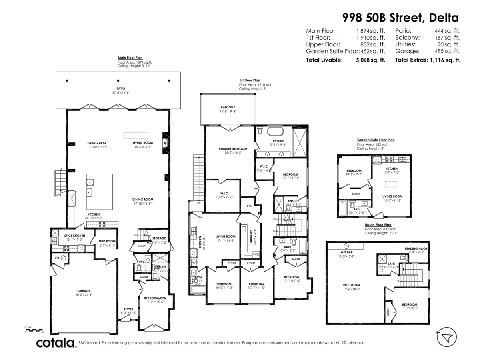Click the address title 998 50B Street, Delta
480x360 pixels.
pyautogui.click(x=400, y=17)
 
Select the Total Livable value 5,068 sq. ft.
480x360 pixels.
pyautogui.click(x=370, y=60)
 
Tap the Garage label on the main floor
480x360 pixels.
pyautogui.click(x=84, y=291)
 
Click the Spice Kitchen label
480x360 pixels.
pyautogui.click(x=74, y=236)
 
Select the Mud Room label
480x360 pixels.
pyautogui.click(x=107, y=241)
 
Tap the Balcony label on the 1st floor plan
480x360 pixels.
pyautogui.click(x=228, y=107)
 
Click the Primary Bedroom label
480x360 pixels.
pyautogui.click(x=233, y=148)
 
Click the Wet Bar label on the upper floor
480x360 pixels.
pyautogui.click(x=346, y=252)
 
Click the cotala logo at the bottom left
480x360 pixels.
pyautogui.click(x=56, y=343)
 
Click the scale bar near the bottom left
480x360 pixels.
pyautogui.click(x=34, y=330)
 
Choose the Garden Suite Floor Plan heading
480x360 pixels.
pyautogui.click(x=376, y=140)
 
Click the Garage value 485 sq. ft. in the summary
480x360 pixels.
pyautogui.click(x=448, y=51)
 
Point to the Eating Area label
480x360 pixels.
pyautogui.click(x=97, y=143)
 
